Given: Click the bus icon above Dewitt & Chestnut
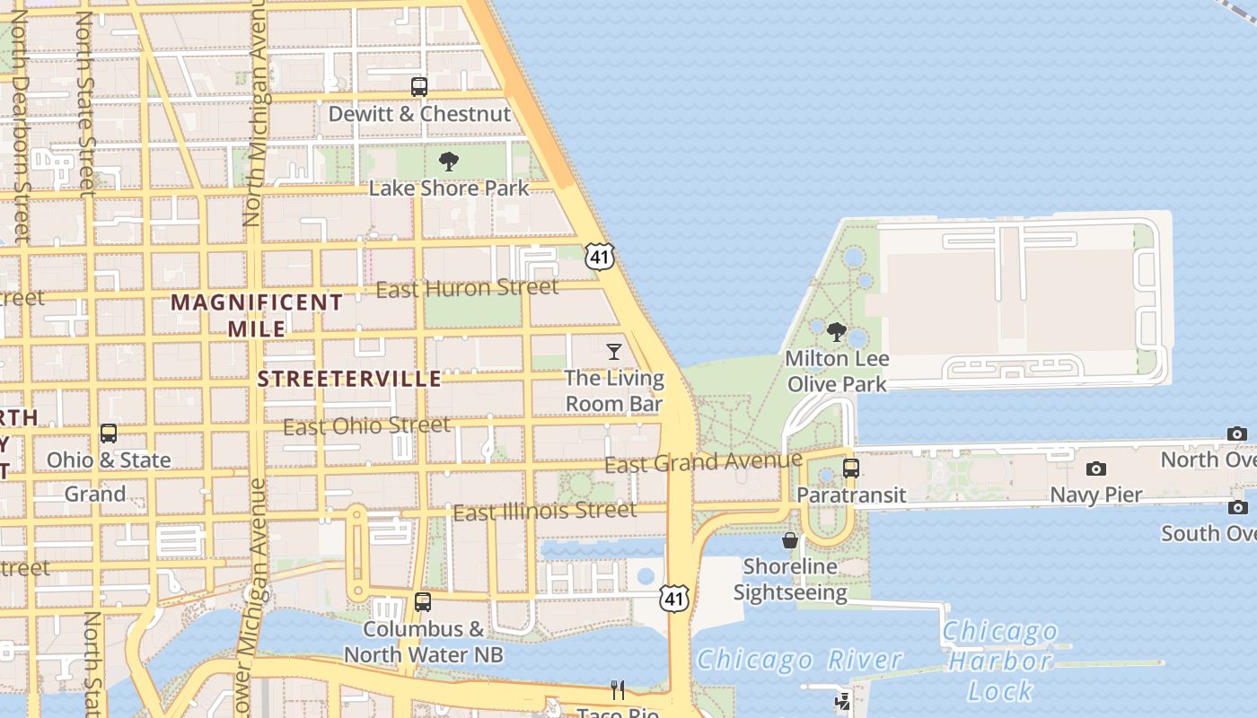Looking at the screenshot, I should point(419,87).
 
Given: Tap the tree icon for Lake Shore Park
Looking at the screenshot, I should point(449,162).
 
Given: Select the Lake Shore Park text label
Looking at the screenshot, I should point(449,188).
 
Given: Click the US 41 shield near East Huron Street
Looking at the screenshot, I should point(600,257).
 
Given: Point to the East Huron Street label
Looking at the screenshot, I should point(467,288).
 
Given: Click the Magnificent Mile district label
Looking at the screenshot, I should point(257,315).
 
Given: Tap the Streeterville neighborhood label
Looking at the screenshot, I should point(349,379).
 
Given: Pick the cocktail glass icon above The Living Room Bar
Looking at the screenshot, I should point(614,351).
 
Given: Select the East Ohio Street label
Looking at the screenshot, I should point(367,425).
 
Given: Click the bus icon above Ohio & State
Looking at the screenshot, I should point(109,433).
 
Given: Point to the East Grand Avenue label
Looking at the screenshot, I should point(703,463).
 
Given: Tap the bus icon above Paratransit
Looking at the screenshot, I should point(851,468).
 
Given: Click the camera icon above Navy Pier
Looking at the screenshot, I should point(1095,468).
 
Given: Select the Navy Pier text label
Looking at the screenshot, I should point(1095,495).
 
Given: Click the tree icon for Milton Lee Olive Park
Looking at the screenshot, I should point(837,332).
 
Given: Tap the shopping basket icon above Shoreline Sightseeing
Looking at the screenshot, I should point(790,540).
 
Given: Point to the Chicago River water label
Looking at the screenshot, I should point(799,660).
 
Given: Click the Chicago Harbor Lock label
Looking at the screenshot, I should point(1000,661).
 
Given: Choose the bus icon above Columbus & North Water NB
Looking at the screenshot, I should point(423,602).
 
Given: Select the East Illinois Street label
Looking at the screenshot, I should point(545,512).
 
